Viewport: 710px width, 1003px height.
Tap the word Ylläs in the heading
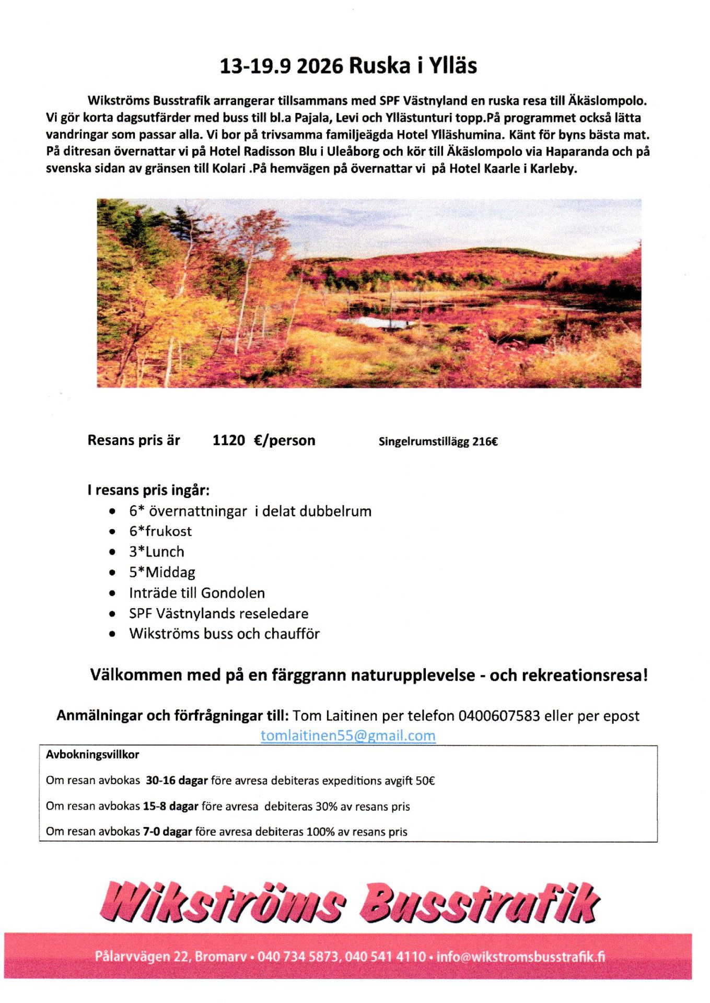coord(453,66)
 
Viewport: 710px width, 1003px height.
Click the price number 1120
coord(228,440)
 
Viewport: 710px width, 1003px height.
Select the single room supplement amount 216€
coord(485,442)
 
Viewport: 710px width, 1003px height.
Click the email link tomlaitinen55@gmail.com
coord(348,736)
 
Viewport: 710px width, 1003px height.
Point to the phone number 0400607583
coord(498,716)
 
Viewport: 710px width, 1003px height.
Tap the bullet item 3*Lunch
coord(157,552)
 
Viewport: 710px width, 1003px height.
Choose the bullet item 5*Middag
coord(162,573)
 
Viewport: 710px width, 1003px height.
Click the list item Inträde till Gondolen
coord(197,593)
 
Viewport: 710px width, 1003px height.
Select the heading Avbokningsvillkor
coord(92,754)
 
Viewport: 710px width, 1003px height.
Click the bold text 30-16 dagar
coord(177,780)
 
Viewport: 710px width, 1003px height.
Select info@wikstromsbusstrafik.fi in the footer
coord(520,957)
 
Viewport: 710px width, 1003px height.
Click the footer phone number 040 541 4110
coord(385,957)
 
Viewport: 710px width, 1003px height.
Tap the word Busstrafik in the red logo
coord(480,903)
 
